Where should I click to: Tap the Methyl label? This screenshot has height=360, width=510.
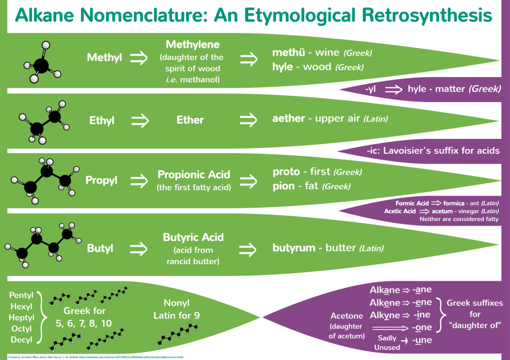tap(104, 58)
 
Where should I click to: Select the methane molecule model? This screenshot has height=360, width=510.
tap(42, 62)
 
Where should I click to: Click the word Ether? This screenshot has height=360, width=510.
tap(189, 120)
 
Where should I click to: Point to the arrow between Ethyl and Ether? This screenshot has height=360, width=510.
tap(139, 120)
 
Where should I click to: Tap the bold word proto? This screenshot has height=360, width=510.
tap(286, 172)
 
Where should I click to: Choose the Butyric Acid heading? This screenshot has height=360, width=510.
tap(193, 237)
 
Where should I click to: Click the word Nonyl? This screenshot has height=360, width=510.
tap(176, 302)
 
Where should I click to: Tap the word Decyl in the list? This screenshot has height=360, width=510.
tap(21, 340)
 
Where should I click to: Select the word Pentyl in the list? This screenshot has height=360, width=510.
tap(22, 296)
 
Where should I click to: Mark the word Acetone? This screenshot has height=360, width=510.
tap(347, 316)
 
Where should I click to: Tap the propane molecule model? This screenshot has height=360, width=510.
tap(41, 179)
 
